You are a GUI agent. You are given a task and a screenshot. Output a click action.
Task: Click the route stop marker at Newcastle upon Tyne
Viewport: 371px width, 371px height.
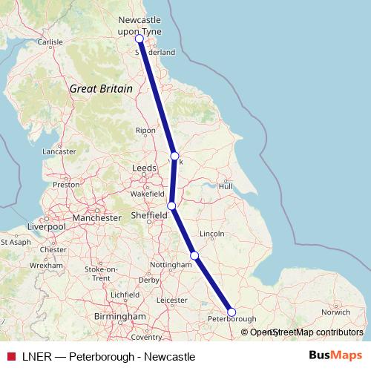[139, 39]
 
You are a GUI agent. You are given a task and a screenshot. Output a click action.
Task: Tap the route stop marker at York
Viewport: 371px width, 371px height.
[174, 156]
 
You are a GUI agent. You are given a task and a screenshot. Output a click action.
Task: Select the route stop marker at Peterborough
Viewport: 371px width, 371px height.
[232, 312]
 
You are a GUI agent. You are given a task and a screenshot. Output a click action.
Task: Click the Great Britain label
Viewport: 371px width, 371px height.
[101, 88]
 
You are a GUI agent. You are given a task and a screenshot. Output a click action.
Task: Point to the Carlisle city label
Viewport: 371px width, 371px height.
[50, 42]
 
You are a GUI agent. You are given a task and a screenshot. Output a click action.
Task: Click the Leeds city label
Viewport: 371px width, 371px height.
[144, 168]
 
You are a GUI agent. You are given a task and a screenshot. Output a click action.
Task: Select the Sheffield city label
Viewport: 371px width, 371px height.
[148, 215]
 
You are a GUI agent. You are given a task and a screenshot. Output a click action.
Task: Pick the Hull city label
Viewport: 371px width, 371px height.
[226, 185]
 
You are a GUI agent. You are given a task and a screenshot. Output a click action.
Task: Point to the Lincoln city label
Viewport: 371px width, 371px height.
[212, 234]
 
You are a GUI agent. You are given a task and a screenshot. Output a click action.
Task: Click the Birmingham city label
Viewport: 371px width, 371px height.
[120, 316]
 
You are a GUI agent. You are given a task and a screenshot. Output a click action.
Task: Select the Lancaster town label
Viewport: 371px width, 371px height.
[59, 151]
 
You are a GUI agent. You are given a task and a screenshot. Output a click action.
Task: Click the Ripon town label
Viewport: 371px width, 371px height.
[145, 131]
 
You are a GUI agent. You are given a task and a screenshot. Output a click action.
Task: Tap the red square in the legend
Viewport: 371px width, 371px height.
[10, 356]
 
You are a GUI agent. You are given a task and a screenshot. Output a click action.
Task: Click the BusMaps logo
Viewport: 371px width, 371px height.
[335, 356]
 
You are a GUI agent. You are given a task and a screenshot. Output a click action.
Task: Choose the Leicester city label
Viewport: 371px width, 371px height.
[172, 301]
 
